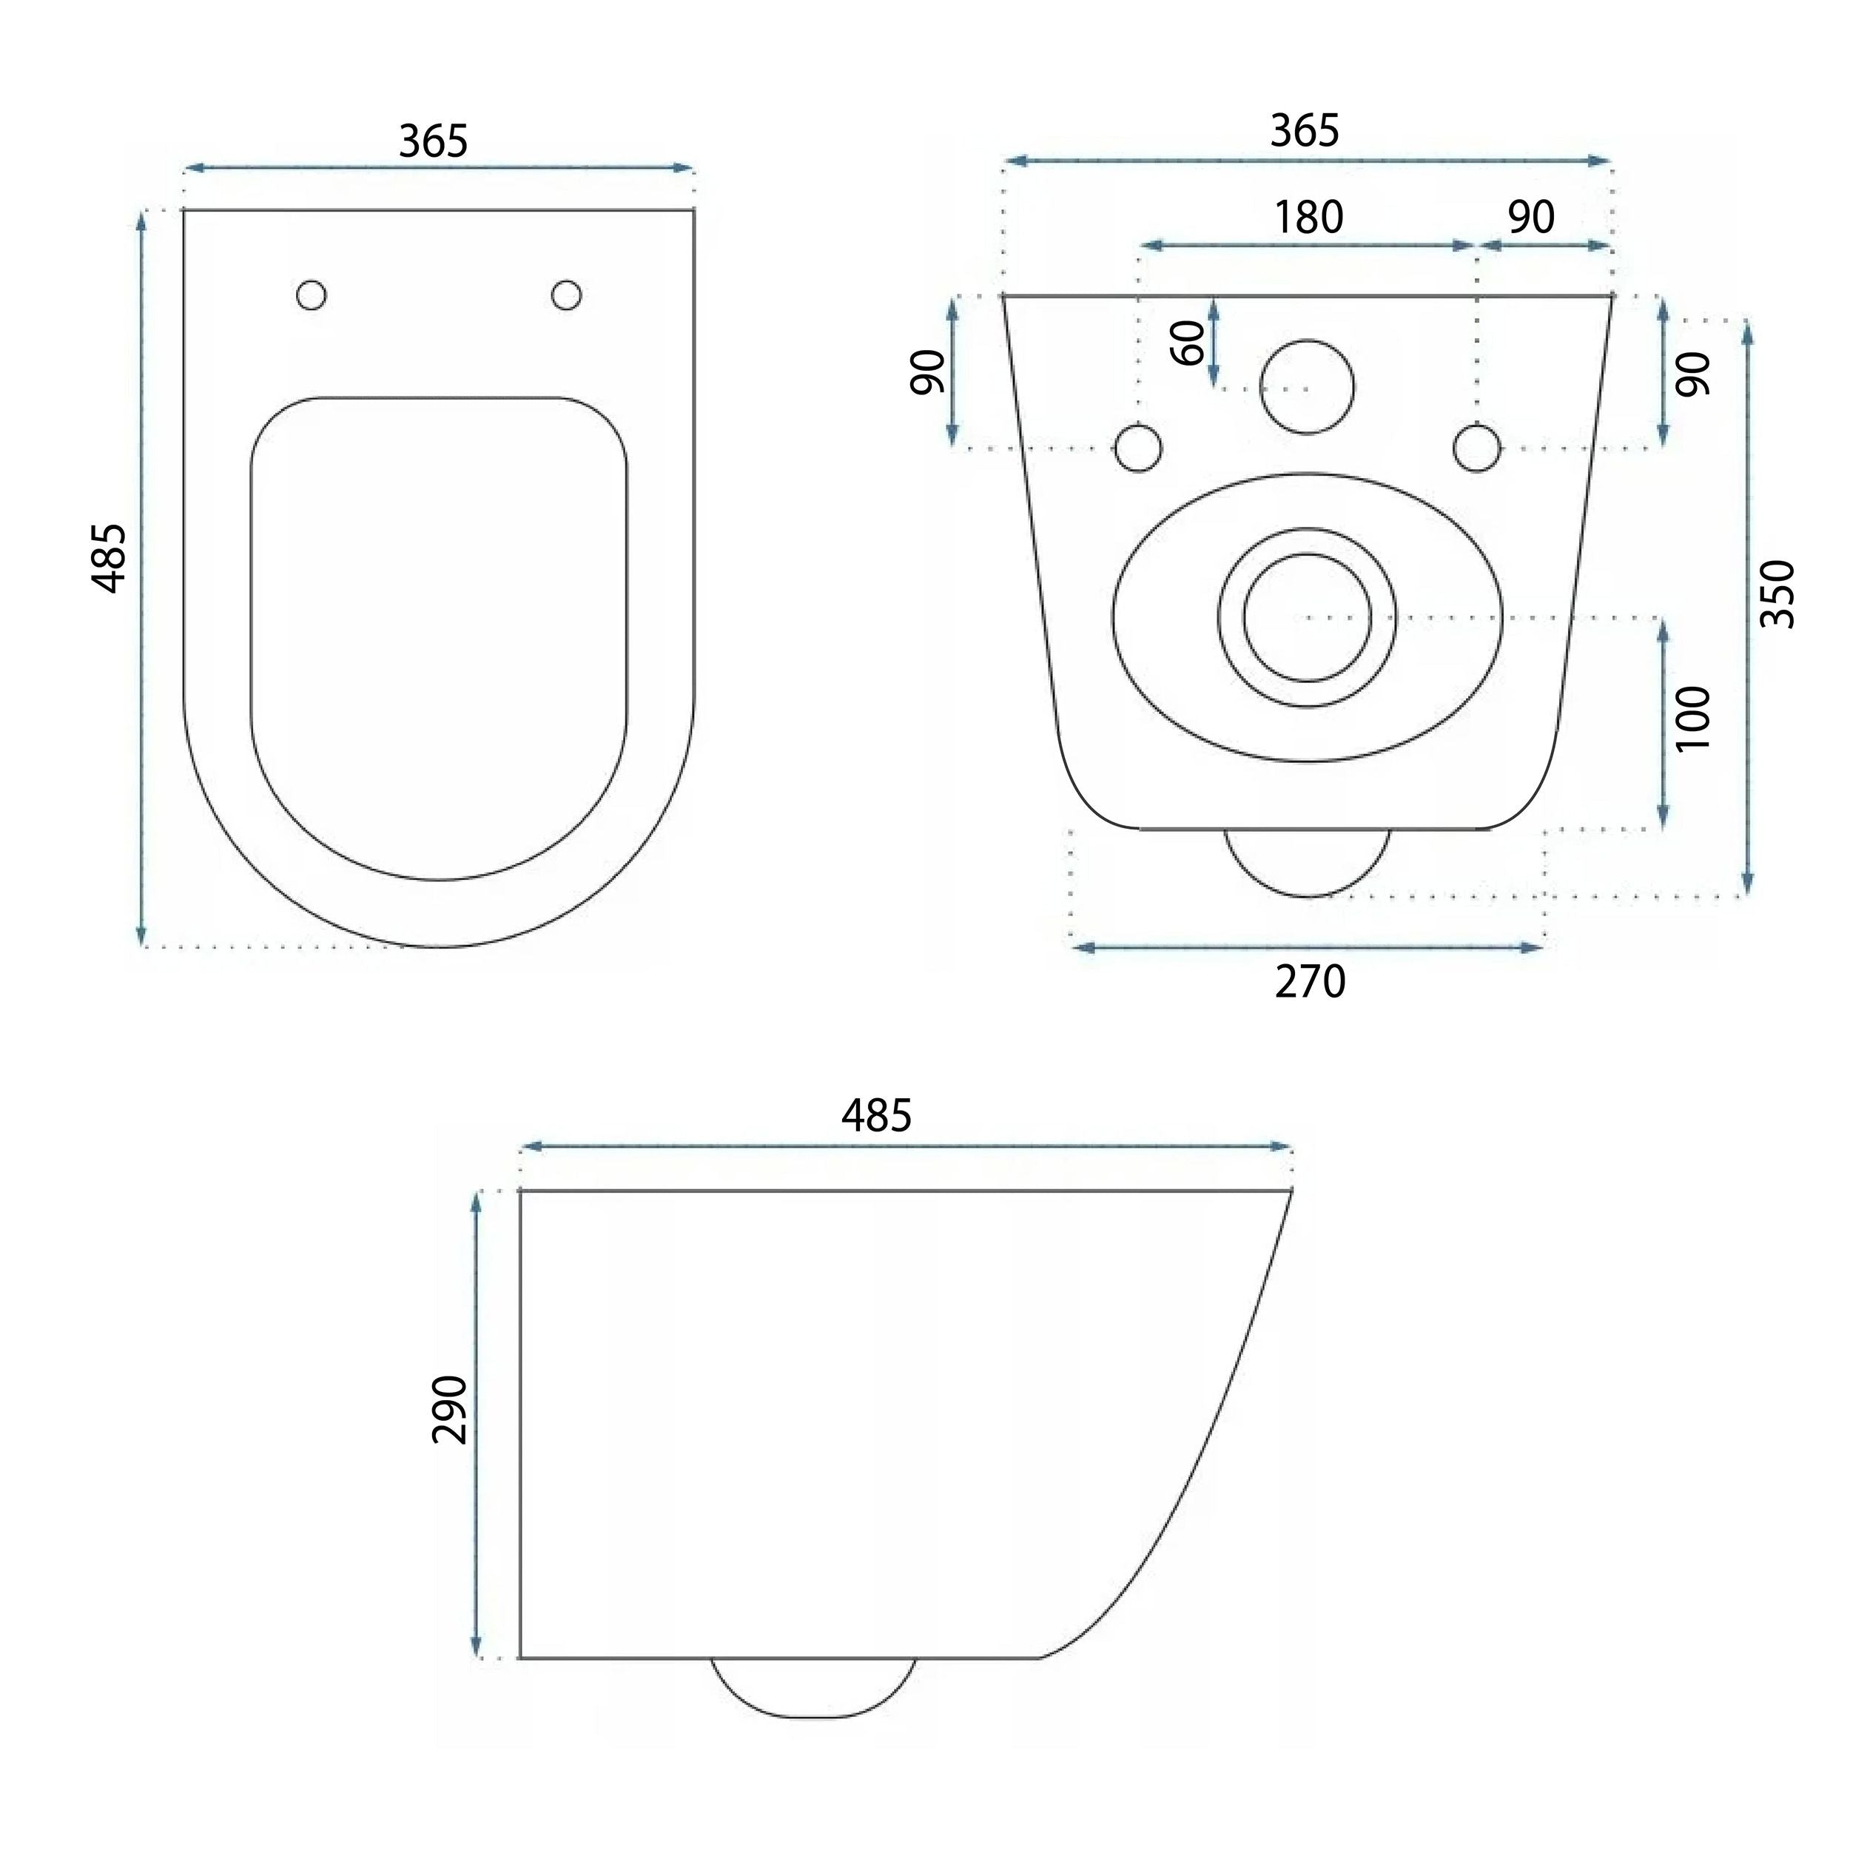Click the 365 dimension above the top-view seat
[433, 142]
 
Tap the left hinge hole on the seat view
[312, 295]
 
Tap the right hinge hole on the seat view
[566, 295]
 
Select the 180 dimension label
[1308, 218]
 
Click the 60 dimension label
[1188, 343]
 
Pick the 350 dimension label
[1777, 593]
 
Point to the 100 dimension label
[1693, 718]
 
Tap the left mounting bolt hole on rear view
[1139, 447]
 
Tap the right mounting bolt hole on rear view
[1476, 447]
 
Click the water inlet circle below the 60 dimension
[1307, 387]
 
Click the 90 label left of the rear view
[927, 371]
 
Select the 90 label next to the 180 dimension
[1531, 218]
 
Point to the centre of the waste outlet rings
[1307, 619]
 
